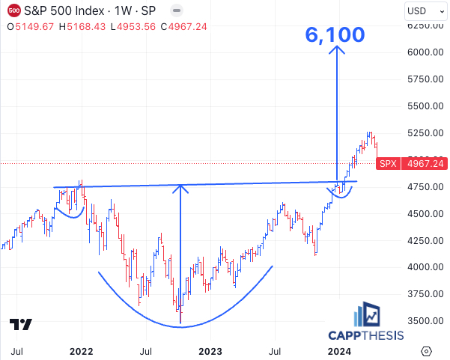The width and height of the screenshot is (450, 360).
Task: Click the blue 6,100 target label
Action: pyautogui.click(x=335, y=34)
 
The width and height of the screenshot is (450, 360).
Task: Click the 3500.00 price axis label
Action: pyautogui.click(x=425, y=320)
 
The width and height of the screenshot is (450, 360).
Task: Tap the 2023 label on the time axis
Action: pyautogui.click(x=210, y=351)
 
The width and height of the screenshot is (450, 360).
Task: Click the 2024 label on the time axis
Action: pyautogui.click(x=339, y=351)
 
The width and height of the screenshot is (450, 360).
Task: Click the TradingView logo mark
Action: pyautogui.click(x=21, y=325)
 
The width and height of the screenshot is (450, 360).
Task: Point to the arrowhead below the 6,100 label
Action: pyautogui.click(x=337, y=51)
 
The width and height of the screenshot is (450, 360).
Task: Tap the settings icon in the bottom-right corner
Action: pyautogui.click(x=426, y=351)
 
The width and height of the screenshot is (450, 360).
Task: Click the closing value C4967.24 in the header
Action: pyautogui.click(x=180, y=26)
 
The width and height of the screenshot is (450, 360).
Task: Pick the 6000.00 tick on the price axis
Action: pyautogui.click(x=425, y=52)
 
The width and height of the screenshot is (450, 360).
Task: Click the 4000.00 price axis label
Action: pyautogui.click(x=425, y=267)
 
